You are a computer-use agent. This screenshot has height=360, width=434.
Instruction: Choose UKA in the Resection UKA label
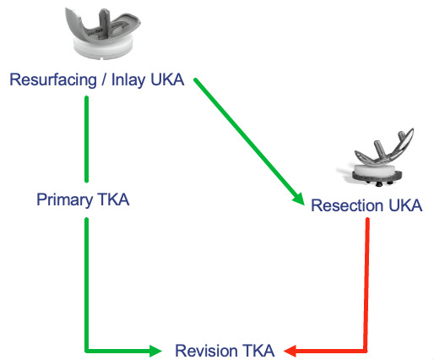coord(404,205)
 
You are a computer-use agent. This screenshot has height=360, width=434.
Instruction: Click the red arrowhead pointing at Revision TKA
coord(290,349)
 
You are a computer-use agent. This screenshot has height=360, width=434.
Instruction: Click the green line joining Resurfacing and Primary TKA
coord(87,135)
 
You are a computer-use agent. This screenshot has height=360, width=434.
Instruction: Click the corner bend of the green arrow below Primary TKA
coord(87,348)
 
